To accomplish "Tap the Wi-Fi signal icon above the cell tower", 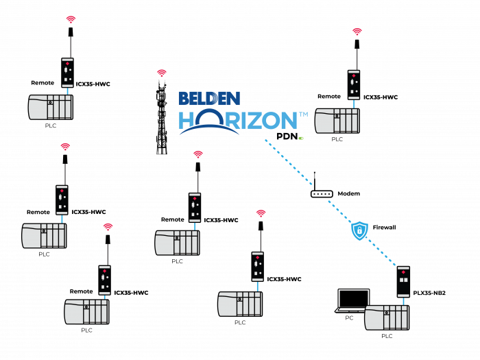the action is (x=162, y=73).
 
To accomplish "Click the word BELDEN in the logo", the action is (x=209, y=99).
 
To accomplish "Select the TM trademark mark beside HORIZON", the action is (x=303, y=115).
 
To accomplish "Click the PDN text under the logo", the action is (x=287, y=136).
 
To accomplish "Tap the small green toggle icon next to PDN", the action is (x=301, y=139).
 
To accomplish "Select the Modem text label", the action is (x=348, y=193).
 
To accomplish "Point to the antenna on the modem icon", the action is (x=314, y=180).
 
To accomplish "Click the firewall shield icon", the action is (x=359, y=230).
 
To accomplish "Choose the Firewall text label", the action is (x=384, y=228).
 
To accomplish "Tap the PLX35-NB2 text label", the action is (x=429, y=293).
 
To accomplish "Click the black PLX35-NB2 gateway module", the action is (x=403, y=282).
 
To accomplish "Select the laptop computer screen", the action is (x=354, y=298).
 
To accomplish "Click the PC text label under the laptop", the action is (x=349, y=317).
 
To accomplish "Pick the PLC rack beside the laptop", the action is (x=387, y=317).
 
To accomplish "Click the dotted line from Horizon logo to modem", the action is (x=289, y=163).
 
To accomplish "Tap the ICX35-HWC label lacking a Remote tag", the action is (x=284, y=279).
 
